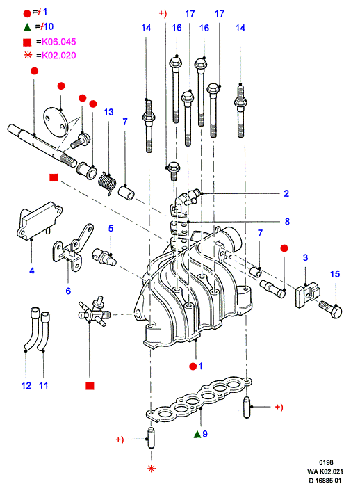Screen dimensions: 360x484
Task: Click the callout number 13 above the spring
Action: pos(108,112)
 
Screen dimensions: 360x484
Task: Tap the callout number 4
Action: pos(32,271)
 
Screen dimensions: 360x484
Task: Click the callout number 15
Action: pos(335,274)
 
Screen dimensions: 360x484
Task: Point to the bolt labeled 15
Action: pos(330,309)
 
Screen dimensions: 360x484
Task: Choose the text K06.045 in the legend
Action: pos(59,41)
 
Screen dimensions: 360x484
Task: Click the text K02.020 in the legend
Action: pos(59,55)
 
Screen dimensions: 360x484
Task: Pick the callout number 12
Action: pos(26,385)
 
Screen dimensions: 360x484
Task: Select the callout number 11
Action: pos(44,385)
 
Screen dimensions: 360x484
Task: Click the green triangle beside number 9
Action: pos(197,435)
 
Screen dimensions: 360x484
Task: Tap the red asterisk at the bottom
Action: pos(151,469)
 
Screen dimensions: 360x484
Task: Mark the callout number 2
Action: pos(286,193)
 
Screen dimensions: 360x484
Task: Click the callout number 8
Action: pos(287,221)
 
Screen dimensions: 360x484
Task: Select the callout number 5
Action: pos(111,228)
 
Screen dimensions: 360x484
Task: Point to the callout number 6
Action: pos(68,291)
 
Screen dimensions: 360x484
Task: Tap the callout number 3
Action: pos(305,257)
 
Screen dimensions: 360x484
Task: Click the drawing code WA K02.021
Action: pos(325,471)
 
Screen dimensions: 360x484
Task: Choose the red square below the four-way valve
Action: pos(90,386)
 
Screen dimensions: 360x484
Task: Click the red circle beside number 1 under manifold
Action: pos(193,366)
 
